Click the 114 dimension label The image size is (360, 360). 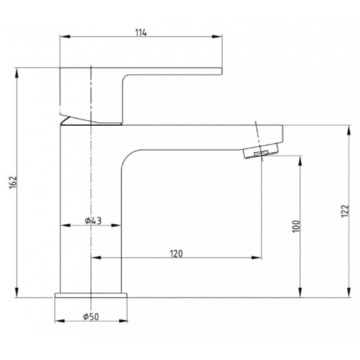tap(141, 33)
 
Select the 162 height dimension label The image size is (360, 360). tap(13, 182)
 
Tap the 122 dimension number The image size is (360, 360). tap(345, 211)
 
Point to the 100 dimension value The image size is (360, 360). tap(296, 227)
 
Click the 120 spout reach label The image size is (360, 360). tap(176, 254)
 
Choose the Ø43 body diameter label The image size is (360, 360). tap(93, 221)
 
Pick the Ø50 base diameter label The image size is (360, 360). tap(91, 317)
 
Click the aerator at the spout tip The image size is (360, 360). tap(261, 151)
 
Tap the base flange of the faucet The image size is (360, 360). tap(91, 295)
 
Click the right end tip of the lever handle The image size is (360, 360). tap(222, 71)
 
